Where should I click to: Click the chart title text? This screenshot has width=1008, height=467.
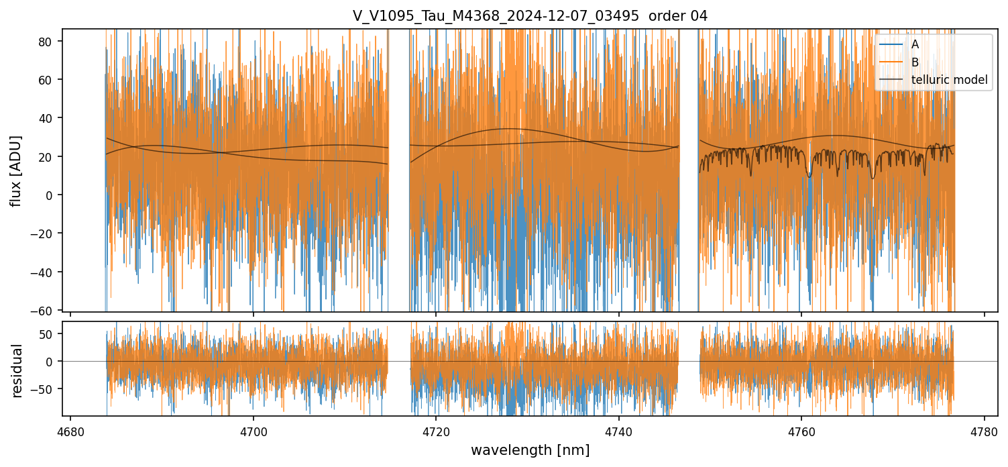point(530,16)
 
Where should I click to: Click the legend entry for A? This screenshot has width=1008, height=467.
point(915,44)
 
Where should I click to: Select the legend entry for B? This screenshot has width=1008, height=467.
point(915,62)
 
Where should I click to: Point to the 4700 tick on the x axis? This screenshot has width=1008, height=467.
point(253,430)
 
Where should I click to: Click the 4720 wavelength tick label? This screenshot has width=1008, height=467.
point(436,430)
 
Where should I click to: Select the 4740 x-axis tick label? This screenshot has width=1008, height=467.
point(618,430)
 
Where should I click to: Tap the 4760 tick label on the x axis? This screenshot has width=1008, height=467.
point(801,430)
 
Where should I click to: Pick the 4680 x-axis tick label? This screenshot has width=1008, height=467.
point(70,430)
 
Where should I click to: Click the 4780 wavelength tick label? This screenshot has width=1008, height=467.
point(984,430)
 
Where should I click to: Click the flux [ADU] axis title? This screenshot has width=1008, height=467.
point(16,170)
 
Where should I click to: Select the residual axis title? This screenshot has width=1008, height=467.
point(17,370)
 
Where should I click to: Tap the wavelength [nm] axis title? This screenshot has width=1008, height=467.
point(530,450)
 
